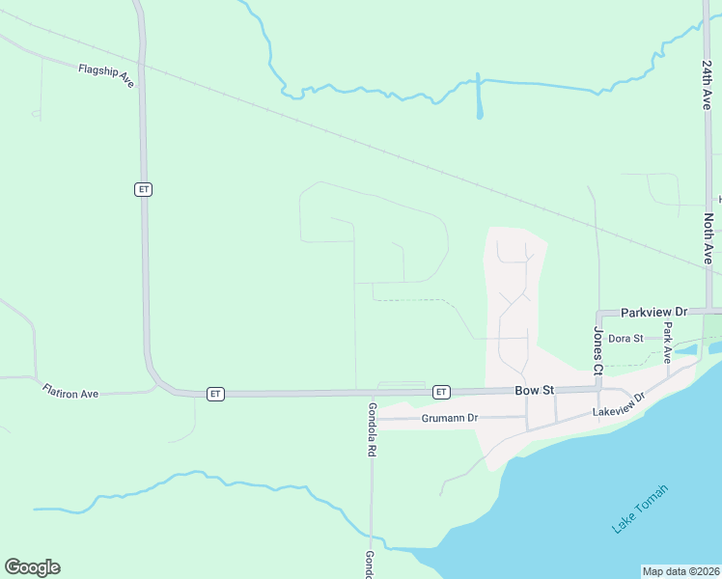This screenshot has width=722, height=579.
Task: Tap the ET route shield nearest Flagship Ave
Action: (143, 189)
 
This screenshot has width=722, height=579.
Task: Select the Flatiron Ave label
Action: (70, 391)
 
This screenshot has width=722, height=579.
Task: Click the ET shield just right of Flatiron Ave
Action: (215, 394)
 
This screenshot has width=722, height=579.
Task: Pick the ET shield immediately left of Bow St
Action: (441, 392)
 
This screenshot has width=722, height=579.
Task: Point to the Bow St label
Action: (534, 391)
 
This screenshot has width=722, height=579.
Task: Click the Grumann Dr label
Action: (450, 419)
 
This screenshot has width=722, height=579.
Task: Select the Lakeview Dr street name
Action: (618, 412)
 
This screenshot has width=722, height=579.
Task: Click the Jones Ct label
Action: (597, 350)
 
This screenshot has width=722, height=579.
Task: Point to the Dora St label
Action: (625, 338)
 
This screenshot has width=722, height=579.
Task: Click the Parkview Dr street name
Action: (653, 313)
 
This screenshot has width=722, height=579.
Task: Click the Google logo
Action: (32, 567)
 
